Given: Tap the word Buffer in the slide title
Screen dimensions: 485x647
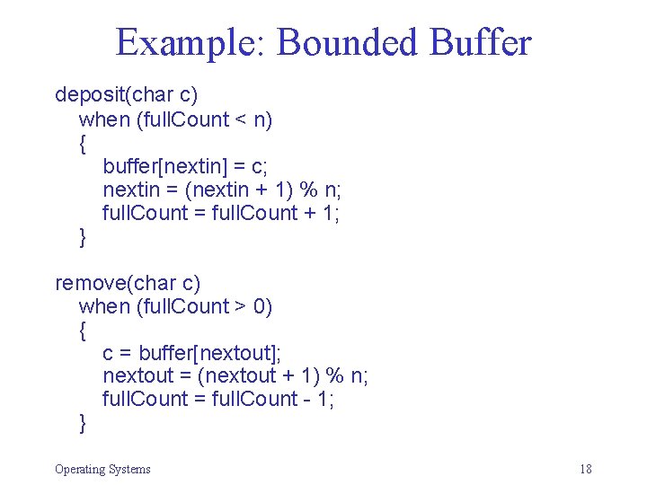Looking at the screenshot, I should coord(481,43).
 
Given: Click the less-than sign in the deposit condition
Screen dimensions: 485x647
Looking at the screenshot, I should coord(240,119).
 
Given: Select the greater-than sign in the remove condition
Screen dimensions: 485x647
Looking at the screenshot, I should coord(240,307).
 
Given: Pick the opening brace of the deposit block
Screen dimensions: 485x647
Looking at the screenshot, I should coord(84,143).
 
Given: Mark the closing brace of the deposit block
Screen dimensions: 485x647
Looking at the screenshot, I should coord(84,236).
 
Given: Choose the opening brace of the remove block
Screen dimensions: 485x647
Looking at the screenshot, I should coord(84,331).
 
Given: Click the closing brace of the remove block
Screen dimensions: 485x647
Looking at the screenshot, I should coord(84,423).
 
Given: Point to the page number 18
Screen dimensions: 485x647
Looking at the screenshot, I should coord(586,469).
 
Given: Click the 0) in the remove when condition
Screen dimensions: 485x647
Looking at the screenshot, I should coord(262,307).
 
